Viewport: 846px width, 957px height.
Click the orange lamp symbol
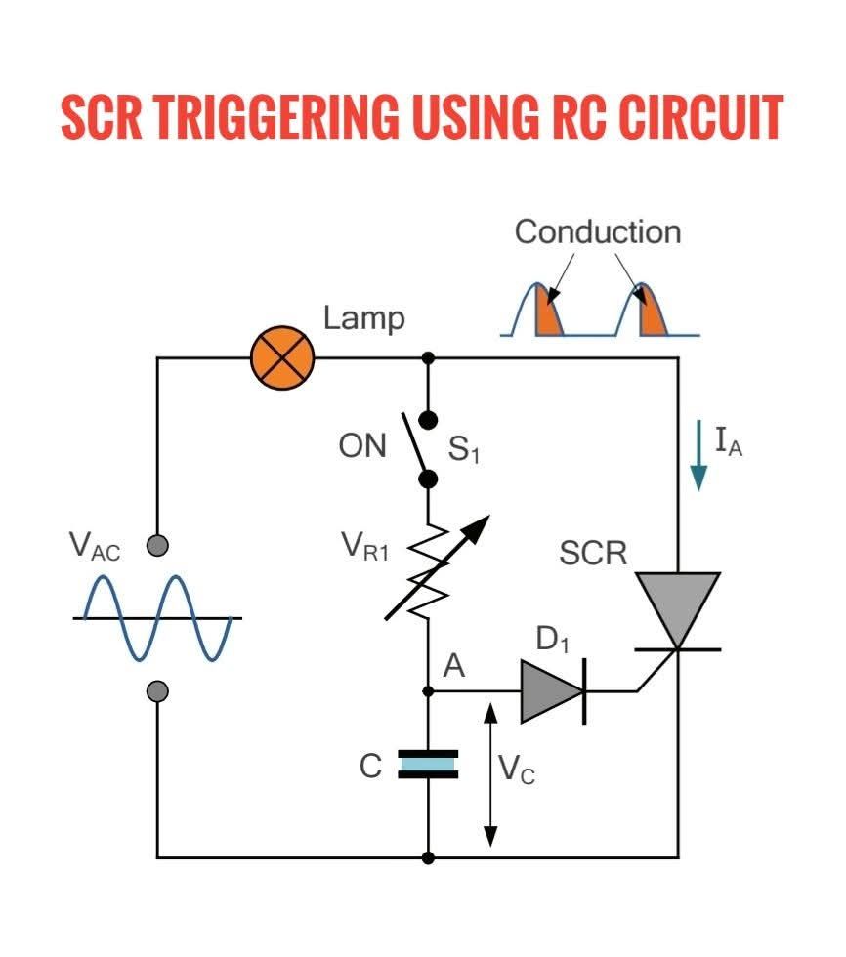(x=282, y=357)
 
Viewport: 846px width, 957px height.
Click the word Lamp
(x=363, y=318)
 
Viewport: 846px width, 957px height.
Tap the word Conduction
(x=598, y=232)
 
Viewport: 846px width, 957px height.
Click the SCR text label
(x=593, y=553)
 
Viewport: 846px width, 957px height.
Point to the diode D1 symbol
(x=553, y=691)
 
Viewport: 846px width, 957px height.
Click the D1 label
(x=552, y=639)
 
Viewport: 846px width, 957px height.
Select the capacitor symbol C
(x=428, y=764)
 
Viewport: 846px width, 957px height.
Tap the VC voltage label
(x=517, y=770)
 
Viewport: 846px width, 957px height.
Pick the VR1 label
(x=364, y=546)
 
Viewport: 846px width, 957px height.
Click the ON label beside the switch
(x=362, y=446)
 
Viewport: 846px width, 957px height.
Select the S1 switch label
(x=464, y=449)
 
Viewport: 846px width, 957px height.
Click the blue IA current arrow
(x=698, y=455)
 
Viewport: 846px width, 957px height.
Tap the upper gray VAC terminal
(x=158, y=545)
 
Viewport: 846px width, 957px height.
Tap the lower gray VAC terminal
(x=158, y=691)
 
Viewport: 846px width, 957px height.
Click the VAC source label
(x=95, y=546)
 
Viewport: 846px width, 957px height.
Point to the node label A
(x=453, y=665)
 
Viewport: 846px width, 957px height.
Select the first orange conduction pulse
(x=548, y=312)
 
